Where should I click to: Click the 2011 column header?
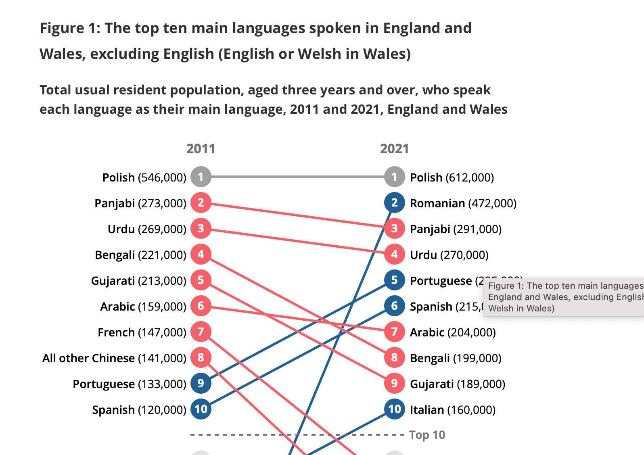201,149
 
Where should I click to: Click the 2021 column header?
394,149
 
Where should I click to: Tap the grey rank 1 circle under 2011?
201,177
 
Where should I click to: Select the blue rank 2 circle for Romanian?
394,202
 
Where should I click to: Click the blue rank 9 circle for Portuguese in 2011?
201,383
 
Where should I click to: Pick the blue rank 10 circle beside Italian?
394,409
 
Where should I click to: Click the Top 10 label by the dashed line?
427,435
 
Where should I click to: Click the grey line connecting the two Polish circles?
297,177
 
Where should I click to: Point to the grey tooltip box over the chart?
563,297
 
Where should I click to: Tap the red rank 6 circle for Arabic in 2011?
201,306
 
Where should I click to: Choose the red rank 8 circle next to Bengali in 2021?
394,357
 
